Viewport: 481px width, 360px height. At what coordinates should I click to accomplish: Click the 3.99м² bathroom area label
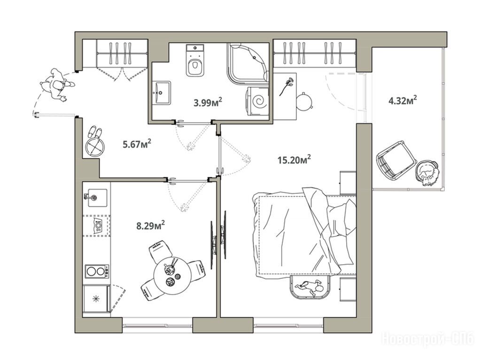click(208, 102)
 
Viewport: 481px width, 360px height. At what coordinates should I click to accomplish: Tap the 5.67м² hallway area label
click(137, 144)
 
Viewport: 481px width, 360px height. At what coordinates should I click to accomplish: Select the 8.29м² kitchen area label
click(151, 226)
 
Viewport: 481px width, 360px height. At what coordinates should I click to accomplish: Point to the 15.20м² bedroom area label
click(294, 160)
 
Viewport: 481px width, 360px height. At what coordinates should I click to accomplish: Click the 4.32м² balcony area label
click(403, 100)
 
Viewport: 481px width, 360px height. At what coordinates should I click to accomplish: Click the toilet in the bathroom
click(195, 60)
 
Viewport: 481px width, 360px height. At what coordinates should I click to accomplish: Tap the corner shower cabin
click(248, 63)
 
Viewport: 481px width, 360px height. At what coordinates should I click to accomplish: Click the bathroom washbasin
click(162, 92)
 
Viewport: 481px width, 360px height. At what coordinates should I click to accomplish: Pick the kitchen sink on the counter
click(96, 198)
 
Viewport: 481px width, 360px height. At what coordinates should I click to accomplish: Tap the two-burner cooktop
click(97, 271)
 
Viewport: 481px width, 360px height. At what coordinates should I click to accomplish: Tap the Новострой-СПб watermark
click(428, 339)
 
